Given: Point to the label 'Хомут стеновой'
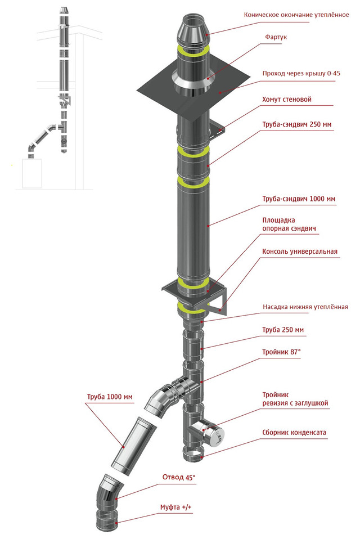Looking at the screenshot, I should click(x=286, y=100).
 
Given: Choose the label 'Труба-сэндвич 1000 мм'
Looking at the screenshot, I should click(x=299, y=199).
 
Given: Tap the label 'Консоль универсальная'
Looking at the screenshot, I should click(x=300, y=251).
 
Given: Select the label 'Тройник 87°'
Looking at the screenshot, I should click(x=281, y=352).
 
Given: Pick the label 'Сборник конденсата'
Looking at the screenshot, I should click(x=294, y=433).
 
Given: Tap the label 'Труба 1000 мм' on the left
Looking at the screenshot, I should click(x=110, y=397).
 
